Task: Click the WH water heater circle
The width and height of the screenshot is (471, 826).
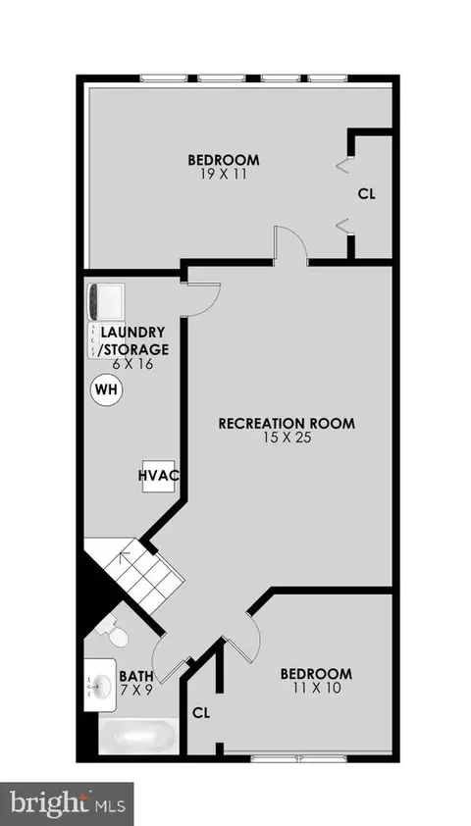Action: tap(108, 390)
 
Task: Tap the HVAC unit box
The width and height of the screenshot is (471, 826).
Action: tap(158, 476)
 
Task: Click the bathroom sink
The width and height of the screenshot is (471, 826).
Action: tap(99, 686)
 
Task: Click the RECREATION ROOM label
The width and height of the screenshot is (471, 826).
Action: tap(287, 423)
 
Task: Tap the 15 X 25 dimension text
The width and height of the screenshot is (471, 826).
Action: tap(288, 438)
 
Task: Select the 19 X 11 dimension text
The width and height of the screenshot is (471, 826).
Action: tap(224, 174)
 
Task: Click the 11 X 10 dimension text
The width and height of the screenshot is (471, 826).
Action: tap(316, 688)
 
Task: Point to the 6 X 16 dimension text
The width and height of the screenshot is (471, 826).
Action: tap(132, 364)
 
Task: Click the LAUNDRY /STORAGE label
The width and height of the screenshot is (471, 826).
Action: tap(134, 340)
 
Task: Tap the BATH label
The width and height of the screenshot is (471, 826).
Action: tap(136, 675)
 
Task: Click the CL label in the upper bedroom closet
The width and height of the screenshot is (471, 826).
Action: tap(367, 194)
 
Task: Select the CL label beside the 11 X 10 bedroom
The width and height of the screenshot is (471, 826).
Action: tap(201, 713)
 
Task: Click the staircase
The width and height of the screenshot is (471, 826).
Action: tap(138, 574)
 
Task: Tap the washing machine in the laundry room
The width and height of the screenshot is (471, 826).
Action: tap(106, 302)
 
